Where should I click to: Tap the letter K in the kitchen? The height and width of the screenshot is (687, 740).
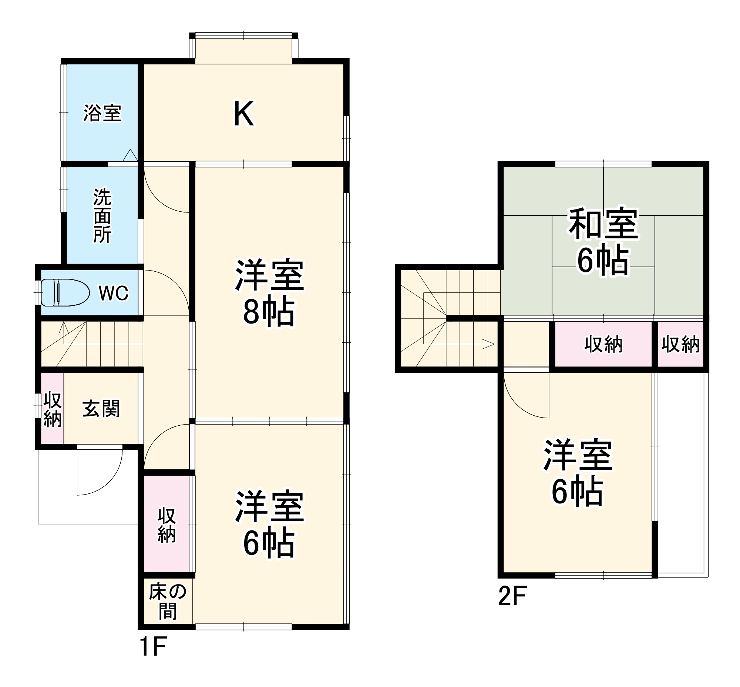pos(243,113)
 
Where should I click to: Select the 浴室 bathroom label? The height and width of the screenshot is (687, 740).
pos(102,113)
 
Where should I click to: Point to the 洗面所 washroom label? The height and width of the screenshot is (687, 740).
pos(102,216)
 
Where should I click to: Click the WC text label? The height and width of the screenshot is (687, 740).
pos(113,293)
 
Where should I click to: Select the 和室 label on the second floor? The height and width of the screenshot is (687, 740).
pos(603,224)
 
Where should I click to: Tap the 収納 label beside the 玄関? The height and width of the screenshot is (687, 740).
pos(53,409)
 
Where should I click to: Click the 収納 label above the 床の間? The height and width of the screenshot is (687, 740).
pos(166,525)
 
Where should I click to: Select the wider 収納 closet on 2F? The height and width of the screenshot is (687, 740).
pos(603,344)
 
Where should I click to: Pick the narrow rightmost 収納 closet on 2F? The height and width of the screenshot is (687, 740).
pos(680,344)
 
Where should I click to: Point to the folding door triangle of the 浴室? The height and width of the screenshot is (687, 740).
pos(130,155)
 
